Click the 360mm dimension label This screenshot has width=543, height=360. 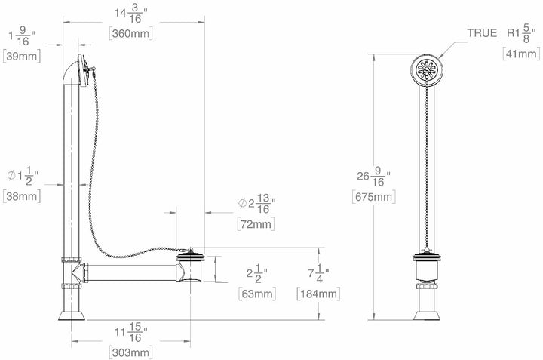131,34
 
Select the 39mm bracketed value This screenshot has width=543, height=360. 22,56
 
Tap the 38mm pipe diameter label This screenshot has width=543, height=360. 22,196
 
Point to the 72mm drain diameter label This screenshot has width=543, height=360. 256,224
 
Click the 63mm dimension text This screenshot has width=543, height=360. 257,294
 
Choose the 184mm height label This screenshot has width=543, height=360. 318,294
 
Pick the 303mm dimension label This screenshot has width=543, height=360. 131,352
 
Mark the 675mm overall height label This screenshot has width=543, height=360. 373,197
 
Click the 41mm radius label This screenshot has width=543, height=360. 521,54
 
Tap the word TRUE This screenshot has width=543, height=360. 482,33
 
